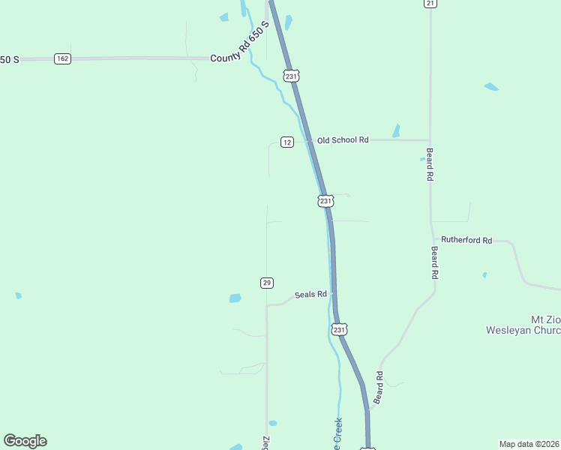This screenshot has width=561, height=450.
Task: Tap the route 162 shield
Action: click(62, 58)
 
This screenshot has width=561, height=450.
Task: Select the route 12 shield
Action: click(287, 142)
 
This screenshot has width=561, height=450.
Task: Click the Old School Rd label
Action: click(343, 140)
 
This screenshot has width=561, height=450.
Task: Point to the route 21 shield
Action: click(430, 4)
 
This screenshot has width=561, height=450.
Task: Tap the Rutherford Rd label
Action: click(466, 240)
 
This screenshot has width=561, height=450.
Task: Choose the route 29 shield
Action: click(267, 283)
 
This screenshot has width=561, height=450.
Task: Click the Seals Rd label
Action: click(310, 295)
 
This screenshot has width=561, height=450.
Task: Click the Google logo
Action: click(25, 441)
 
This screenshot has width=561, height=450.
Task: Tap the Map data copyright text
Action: click(529, 443)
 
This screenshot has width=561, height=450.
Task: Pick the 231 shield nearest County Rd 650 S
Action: click(292, 76)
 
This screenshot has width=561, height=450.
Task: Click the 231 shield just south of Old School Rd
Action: click(325, 201)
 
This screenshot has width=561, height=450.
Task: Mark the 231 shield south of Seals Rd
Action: click(339, 329)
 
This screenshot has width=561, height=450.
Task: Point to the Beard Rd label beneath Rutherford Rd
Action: click(433, 263)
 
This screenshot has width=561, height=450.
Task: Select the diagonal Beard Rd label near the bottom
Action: click(379, 388)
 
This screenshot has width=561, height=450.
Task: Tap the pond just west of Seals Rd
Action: click(235, 298)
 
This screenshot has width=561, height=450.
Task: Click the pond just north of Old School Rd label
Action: click(396, 130)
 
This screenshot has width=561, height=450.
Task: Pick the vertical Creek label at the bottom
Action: click(337, 433)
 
